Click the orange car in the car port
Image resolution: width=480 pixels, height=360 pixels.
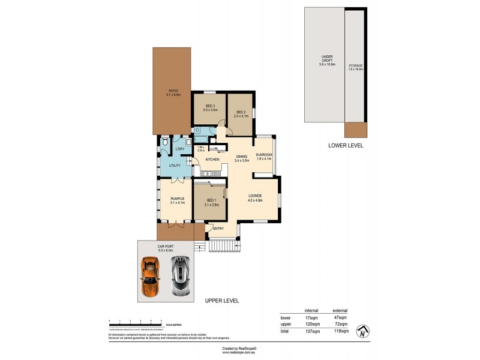point(149,277)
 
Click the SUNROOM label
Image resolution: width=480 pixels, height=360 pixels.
point(264,155)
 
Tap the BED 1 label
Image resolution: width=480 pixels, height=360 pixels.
point(211,200)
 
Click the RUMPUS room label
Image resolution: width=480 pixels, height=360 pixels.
point(176,199)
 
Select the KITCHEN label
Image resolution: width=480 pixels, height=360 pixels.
point(212,160)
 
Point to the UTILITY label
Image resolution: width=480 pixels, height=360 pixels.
point(175,165)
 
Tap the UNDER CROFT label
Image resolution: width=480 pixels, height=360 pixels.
point(327,59)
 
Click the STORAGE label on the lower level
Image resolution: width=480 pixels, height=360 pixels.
point(355,65)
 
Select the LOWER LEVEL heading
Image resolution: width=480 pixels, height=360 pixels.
point(346,146)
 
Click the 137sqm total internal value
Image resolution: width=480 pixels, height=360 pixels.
point(311,330)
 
